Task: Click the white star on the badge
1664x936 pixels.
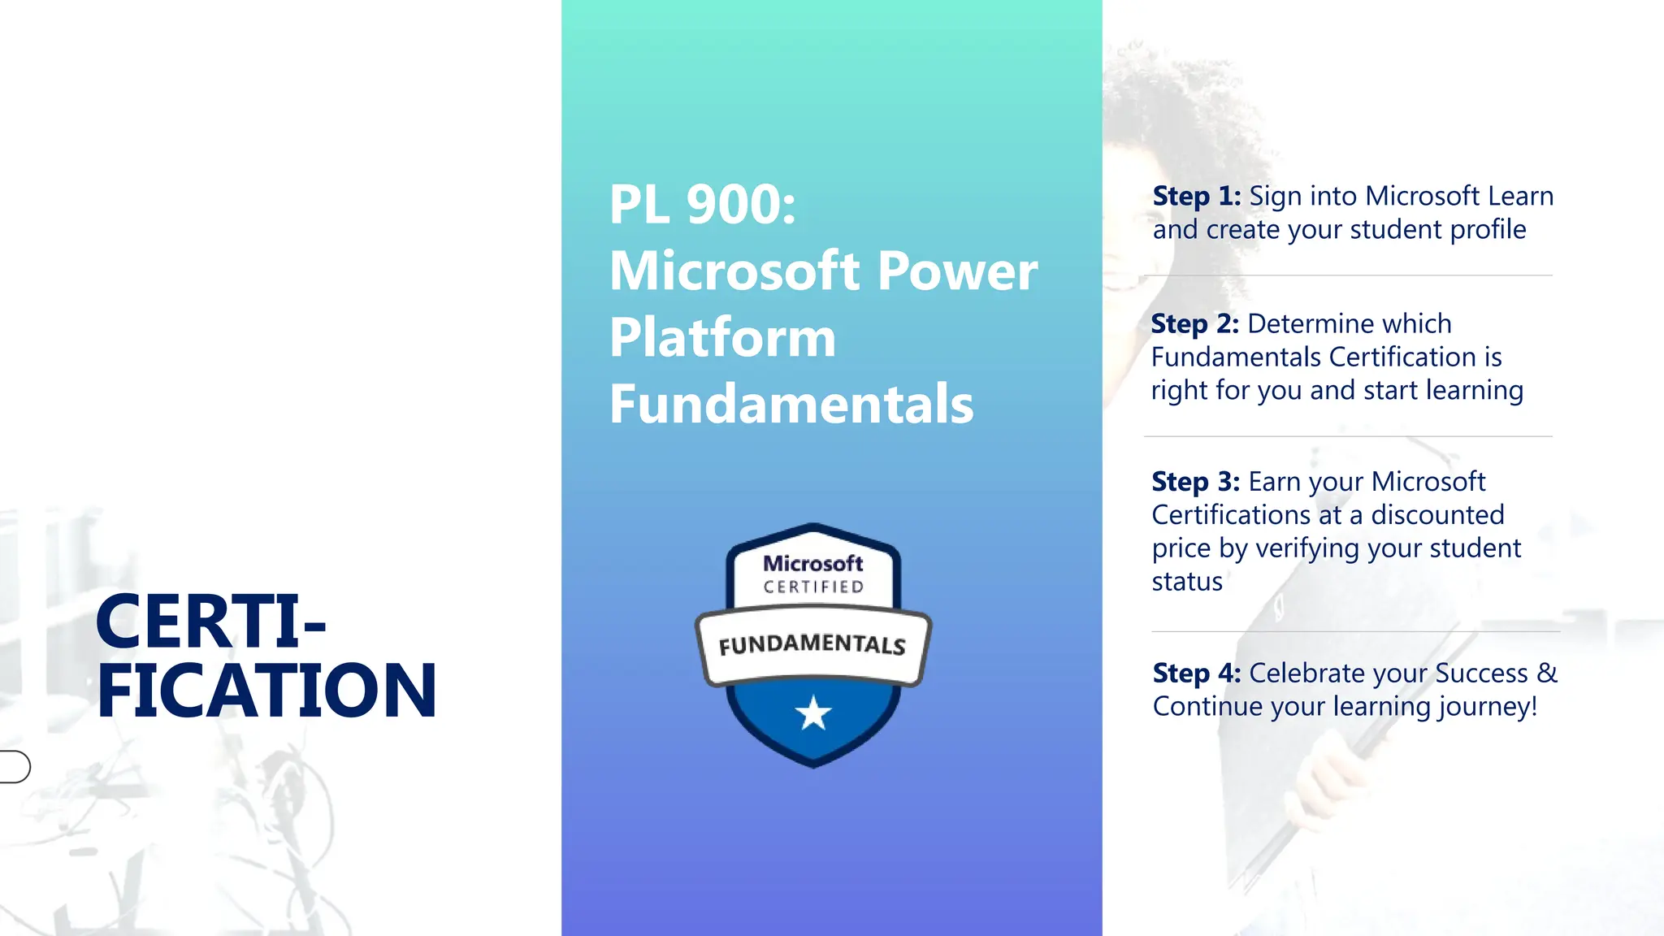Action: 813,714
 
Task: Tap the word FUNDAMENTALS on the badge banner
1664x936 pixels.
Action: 812,644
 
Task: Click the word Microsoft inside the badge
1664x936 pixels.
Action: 812,563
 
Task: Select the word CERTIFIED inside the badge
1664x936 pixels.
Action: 813,587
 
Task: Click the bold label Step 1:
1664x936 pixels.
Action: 1196,196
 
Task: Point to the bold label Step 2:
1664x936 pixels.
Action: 1194,323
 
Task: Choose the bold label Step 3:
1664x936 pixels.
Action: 1195,481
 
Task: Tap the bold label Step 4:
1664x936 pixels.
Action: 1196,673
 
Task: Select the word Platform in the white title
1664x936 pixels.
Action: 722,337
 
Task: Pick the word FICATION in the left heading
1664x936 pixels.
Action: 266,691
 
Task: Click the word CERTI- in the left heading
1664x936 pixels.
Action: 210,622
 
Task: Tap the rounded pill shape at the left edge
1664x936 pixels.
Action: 15,766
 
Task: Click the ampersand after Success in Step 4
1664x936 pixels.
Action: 1546,673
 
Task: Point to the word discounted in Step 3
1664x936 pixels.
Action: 1437,514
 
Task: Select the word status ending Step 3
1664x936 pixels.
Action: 1186,581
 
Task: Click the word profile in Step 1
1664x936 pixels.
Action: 1488,229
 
